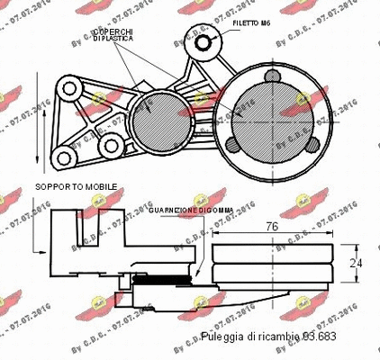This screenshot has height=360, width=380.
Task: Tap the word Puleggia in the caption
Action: [x=222, y=336]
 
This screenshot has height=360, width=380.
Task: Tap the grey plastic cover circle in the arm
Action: [x=146, y=115]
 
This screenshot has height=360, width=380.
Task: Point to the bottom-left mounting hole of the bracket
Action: [x=64, y=160]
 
